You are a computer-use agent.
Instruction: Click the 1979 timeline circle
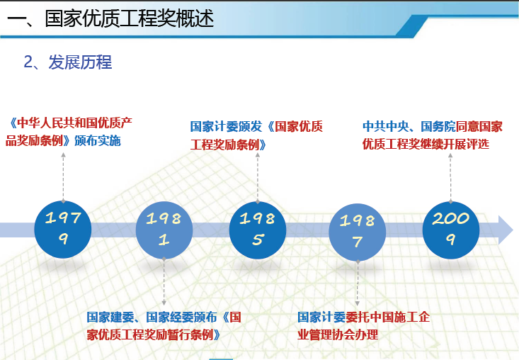click(x=63, y=229)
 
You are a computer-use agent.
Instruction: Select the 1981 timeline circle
click(x=164, y=230)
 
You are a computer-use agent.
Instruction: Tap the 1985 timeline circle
click(x=258, y=230)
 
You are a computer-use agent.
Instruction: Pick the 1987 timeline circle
click(x=358, y=232)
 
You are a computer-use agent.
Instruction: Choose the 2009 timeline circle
click(x=451, y=230)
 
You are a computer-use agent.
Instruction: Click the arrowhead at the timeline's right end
click(x=506, y=230)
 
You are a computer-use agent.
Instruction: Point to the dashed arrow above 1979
click(x=63, y=177)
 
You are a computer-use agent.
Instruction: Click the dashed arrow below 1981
click(x=164, y=281)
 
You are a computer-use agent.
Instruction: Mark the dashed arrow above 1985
click(x=258, y=178)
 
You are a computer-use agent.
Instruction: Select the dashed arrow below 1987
click(x=358, y=283)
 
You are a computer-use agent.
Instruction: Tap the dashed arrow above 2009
click(x=450, y=178)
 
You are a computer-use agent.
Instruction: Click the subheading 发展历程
click(x=81, y=62)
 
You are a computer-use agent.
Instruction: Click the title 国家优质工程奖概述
click(x=130, y=18)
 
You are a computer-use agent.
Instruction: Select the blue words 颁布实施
click(x=98, y=141)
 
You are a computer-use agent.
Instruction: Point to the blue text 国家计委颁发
click(x=226, y=127)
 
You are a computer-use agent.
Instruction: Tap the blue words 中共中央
click(x=386, y=126)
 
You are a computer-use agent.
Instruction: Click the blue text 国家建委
click(x=110, y=317)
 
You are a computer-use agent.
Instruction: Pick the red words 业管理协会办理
click(x=338, y=334)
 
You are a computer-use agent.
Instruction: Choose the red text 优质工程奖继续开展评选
click(x=426, y=144)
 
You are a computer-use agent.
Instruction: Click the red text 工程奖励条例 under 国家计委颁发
click(x=224, y=145)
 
